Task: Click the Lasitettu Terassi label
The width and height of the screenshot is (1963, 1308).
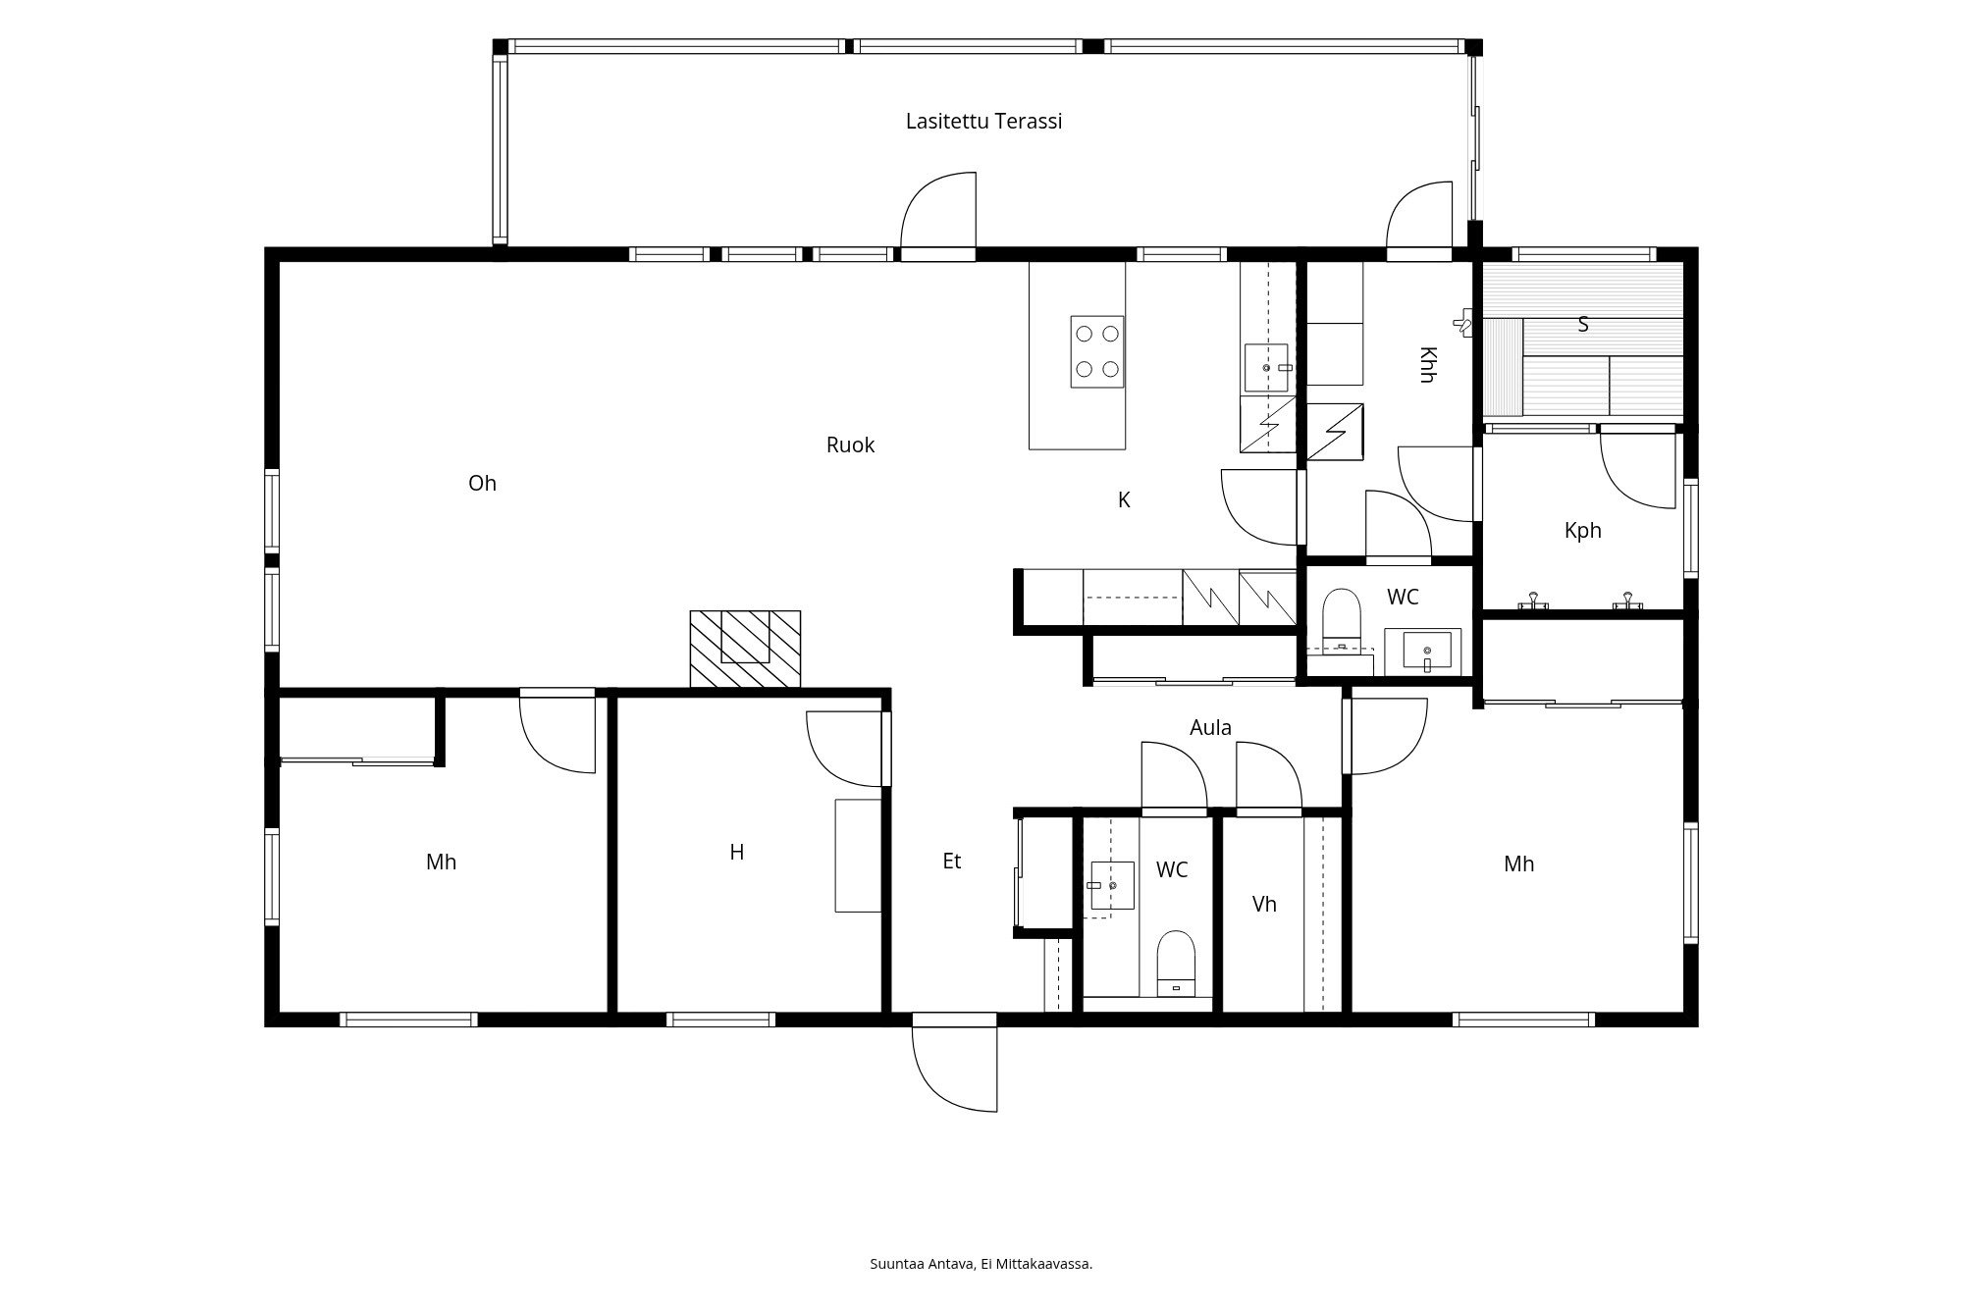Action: pos(983,122)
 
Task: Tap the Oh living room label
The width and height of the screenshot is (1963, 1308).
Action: pos(482,483)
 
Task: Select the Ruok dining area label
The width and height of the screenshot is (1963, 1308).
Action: pos(850,445)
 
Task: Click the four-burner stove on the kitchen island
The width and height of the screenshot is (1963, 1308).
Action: pos(1097,351)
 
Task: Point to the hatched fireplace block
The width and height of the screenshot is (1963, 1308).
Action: pos(745,649)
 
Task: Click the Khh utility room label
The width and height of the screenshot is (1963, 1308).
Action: pos(1428,364)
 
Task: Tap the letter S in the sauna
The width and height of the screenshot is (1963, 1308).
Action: pos(1582,324)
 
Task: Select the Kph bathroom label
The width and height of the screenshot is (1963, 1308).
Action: pos(1582,531)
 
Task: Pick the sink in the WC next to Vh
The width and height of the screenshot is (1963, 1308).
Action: pos(1112,885)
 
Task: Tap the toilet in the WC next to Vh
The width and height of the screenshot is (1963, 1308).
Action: pos(1176,964)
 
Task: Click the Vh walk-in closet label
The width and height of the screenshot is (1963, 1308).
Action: pos(1264,904)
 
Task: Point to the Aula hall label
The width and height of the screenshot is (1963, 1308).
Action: pos(1210,728)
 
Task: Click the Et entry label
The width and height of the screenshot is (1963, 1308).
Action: pos(951,862)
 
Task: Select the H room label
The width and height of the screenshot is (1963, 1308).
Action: pos(737,852)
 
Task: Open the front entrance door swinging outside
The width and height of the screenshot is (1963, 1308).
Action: pos(955,1069)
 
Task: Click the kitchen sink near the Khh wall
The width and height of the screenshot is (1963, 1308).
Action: pos(1266,368)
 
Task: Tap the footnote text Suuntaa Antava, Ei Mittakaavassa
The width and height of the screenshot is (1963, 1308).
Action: pos(981,1264)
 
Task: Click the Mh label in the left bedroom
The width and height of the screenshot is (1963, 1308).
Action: pos(441,863)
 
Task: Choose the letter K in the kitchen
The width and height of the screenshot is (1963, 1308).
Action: pos(1124,500)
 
